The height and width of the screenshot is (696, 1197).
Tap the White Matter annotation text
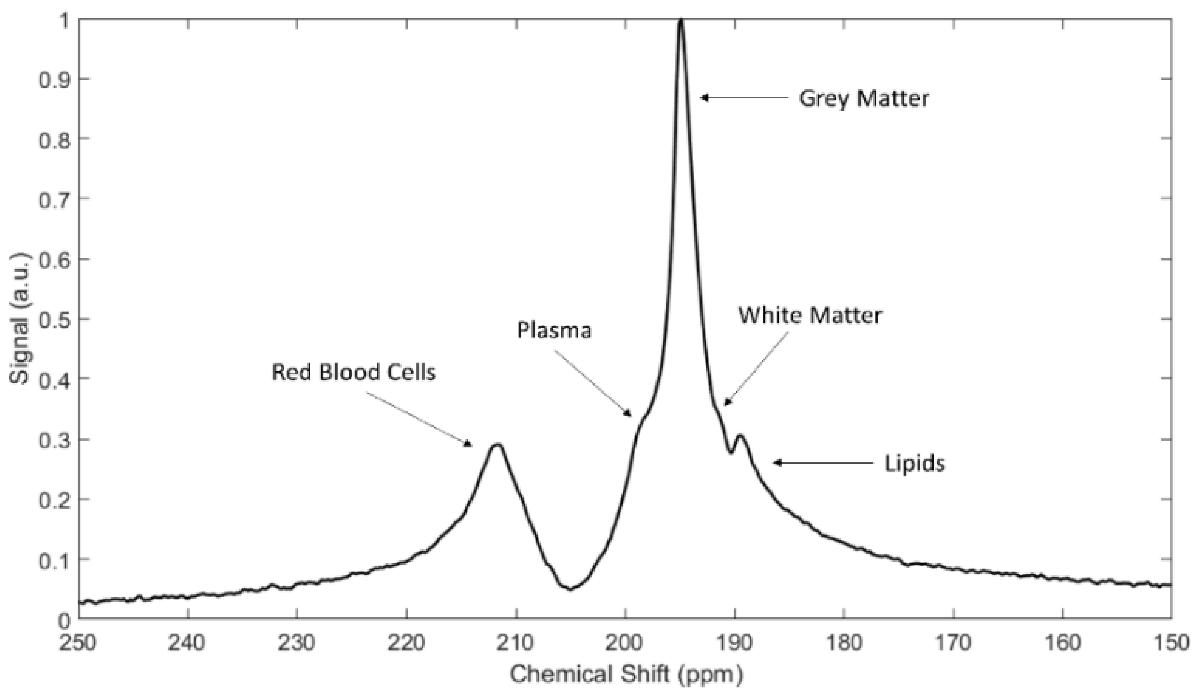[x=810, y=315]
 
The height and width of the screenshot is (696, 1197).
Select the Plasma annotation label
[x=554, y=331]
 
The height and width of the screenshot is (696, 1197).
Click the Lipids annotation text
[x=914, y=463]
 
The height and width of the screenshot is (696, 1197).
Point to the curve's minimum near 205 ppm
[x=570, y=589]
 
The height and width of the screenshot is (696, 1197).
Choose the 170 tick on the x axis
[x=953, y=643]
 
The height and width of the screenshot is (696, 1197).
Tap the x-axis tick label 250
[x=78, y=643]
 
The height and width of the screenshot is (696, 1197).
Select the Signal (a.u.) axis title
[x=20, y=319]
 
